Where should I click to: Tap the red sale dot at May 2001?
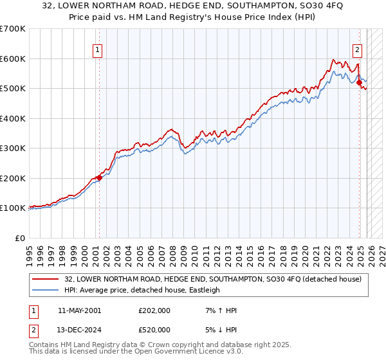(x=99, y=177)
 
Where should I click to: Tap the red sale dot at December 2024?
(x=359, y=82)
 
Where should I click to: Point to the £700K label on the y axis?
(x=13, y=29)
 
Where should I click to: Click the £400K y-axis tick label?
(x=13, y=118)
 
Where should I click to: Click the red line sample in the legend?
(x=46, y=279)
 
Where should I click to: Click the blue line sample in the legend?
(x=46, y=290)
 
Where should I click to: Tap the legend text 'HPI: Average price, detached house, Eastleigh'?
(x=142, y=290)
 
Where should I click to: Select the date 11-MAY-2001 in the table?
(x=79, y=310)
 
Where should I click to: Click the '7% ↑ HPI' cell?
(x=219, y=310)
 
